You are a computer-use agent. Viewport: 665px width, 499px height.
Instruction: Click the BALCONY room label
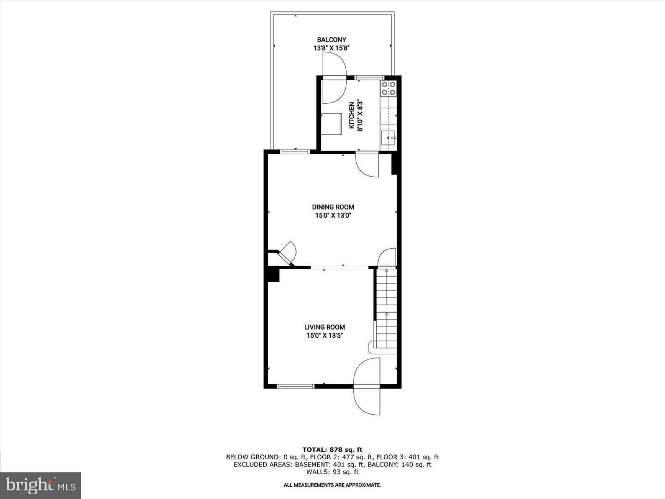[331, 40]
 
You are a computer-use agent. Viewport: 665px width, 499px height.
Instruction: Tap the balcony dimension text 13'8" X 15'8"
[331, 48]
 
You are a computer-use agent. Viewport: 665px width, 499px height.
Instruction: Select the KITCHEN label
[352, 116]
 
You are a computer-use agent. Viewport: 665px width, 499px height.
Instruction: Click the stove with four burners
[389, 88]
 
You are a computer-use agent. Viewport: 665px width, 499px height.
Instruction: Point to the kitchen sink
[388, 138]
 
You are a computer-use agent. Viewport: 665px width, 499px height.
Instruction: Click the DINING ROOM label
[333, 207]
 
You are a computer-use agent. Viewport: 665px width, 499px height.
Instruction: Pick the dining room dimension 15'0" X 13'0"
[333, 216]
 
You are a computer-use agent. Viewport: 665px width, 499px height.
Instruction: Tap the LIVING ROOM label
[325, 327]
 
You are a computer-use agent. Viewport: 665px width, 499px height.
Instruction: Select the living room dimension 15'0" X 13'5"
[325, 335]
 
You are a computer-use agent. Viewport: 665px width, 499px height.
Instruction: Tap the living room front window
[295, 386]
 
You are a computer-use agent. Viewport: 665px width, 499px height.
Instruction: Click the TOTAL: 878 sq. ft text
[332, 450]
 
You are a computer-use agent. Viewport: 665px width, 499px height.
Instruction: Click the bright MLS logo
[41, 486]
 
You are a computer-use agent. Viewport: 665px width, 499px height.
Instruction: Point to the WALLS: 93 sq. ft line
[332, 472]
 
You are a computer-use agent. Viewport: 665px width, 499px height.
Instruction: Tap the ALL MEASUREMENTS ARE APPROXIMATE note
[332, 485]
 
